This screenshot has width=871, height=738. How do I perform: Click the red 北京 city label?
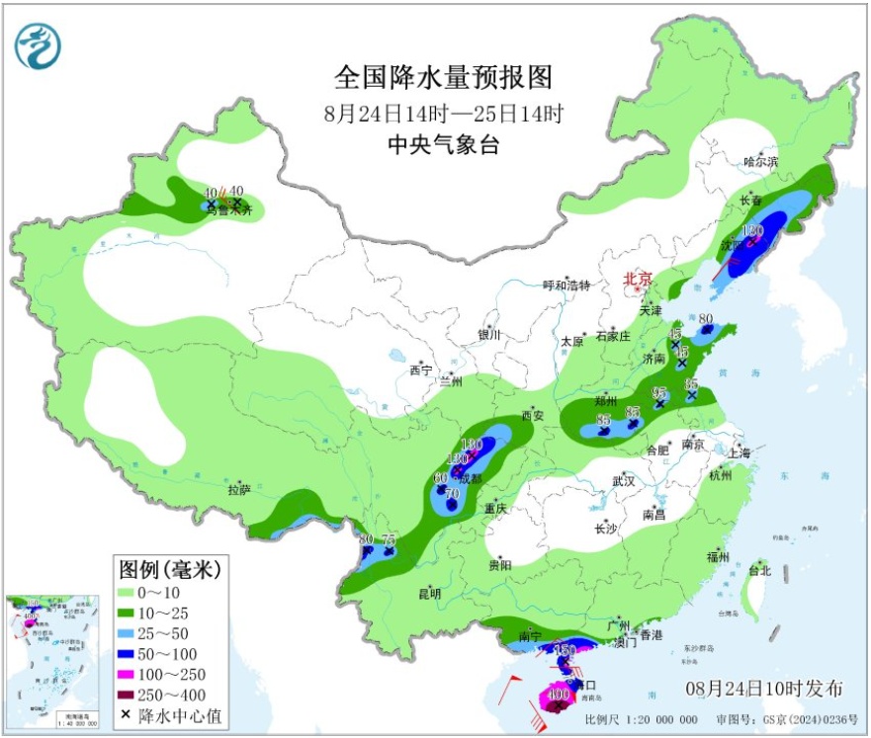[x=638, y=281]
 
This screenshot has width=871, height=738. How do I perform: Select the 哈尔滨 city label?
[x=761, y=161]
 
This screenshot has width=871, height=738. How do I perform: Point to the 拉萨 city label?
[x=238, y=490]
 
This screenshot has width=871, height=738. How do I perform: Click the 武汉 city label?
[x=622, y=480]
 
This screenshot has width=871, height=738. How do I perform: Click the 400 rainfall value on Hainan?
[x=558, y=695]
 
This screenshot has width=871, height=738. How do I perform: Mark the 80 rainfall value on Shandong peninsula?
[x=706, y=319]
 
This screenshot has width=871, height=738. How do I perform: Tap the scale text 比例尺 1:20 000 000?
[x=641, y=719]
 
